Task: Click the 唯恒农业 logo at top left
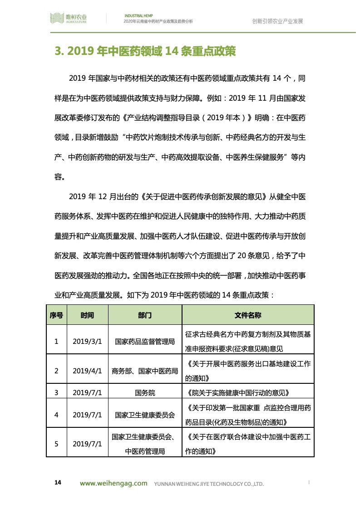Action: point(68,19)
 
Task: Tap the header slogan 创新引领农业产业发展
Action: point(277,21)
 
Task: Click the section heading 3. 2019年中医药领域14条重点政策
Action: point(145,51)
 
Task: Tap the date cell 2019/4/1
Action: point(88,371)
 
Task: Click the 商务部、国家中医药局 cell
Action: point(145,371)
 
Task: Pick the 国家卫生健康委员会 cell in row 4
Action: point(145,415)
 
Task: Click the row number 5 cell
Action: point(56,444)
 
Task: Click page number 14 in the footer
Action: point(58,482)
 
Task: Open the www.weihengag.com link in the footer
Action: point(113,484)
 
